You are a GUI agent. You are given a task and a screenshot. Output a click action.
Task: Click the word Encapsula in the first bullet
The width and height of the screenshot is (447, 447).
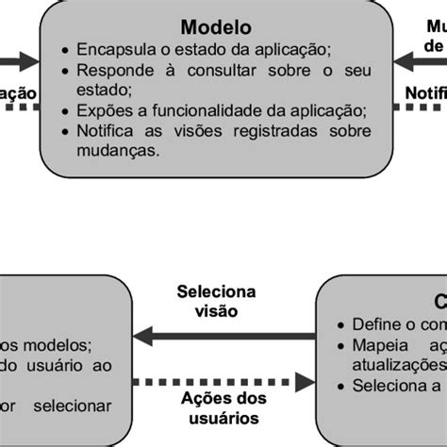point(111,50)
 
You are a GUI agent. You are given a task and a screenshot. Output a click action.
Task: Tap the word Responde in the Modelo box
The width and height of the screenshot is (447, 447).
point(110,70)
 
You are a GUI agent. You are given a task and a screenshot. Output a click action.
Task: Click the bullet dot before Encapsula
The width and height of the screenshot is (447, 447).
point(62,51)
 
